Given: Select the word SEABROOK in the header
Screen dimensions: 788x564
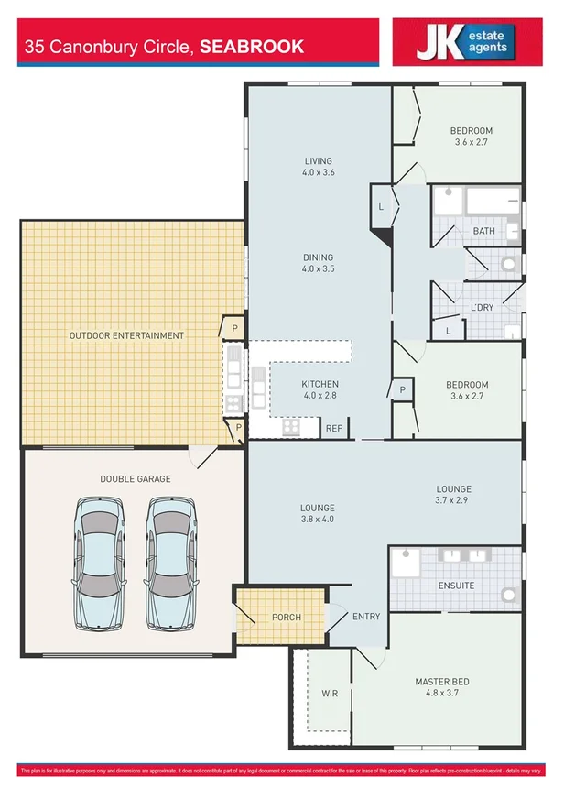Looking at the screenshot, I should point(251,47).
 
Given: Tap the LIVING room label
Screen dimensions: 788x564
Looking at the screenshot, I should point(319,161).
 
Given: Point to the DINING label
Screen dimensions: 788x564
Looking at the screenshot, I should point(319,257).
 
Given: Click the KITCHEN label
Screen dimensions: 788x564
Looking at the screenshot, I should point(320,384).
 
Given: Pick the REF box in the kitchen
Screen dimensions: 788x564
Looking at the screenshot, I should point(333,427).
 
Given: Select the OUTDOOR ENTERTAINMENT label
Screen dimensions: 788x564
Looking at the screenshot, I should point(126,336).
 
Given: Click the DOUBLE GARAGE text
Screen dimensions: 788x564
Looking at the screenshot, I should point(136,479).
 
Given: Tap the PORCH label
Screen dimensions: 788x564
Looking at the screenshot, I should point(287,617).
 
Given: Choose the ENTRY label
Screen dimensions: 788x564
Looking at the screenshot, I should point(366,617).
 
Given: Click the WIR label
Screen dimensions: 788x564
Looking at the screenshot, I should point(330,694).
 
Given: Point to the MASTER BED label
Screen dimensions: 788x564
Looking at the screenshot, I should point(442,682).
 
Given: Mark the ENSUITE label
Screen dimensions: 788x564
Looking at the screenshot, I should point(456,585).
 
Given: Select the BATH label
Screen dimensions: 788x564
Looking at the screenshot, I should point(483,231).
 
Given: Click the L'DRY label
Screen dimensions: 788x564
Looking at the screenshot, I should point(482,307).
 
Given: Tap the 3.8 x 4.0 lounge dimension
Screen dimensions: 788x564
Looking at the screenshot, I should point(318,520).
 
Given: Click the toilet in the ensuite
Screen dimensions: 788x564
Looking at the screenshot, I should point(508,594).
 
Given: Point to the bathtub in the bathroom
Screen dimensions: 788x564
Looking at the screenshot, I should point(492,202).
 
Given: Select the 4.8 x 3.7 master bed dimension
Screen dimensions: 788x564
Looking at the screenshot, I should point(442,694).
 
